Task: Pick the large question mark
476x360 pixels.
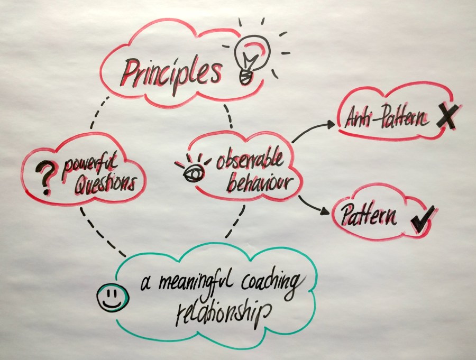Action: click(x=43, y=178)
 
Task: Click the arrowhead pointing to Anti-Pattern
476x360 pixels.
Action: click(x=331, y=123)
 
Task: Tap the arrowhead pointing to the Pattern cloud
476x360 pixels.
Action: click(x=325, y=211)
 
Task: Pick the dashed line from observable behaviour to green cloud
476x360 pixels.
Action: click(x=236, y=221)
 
